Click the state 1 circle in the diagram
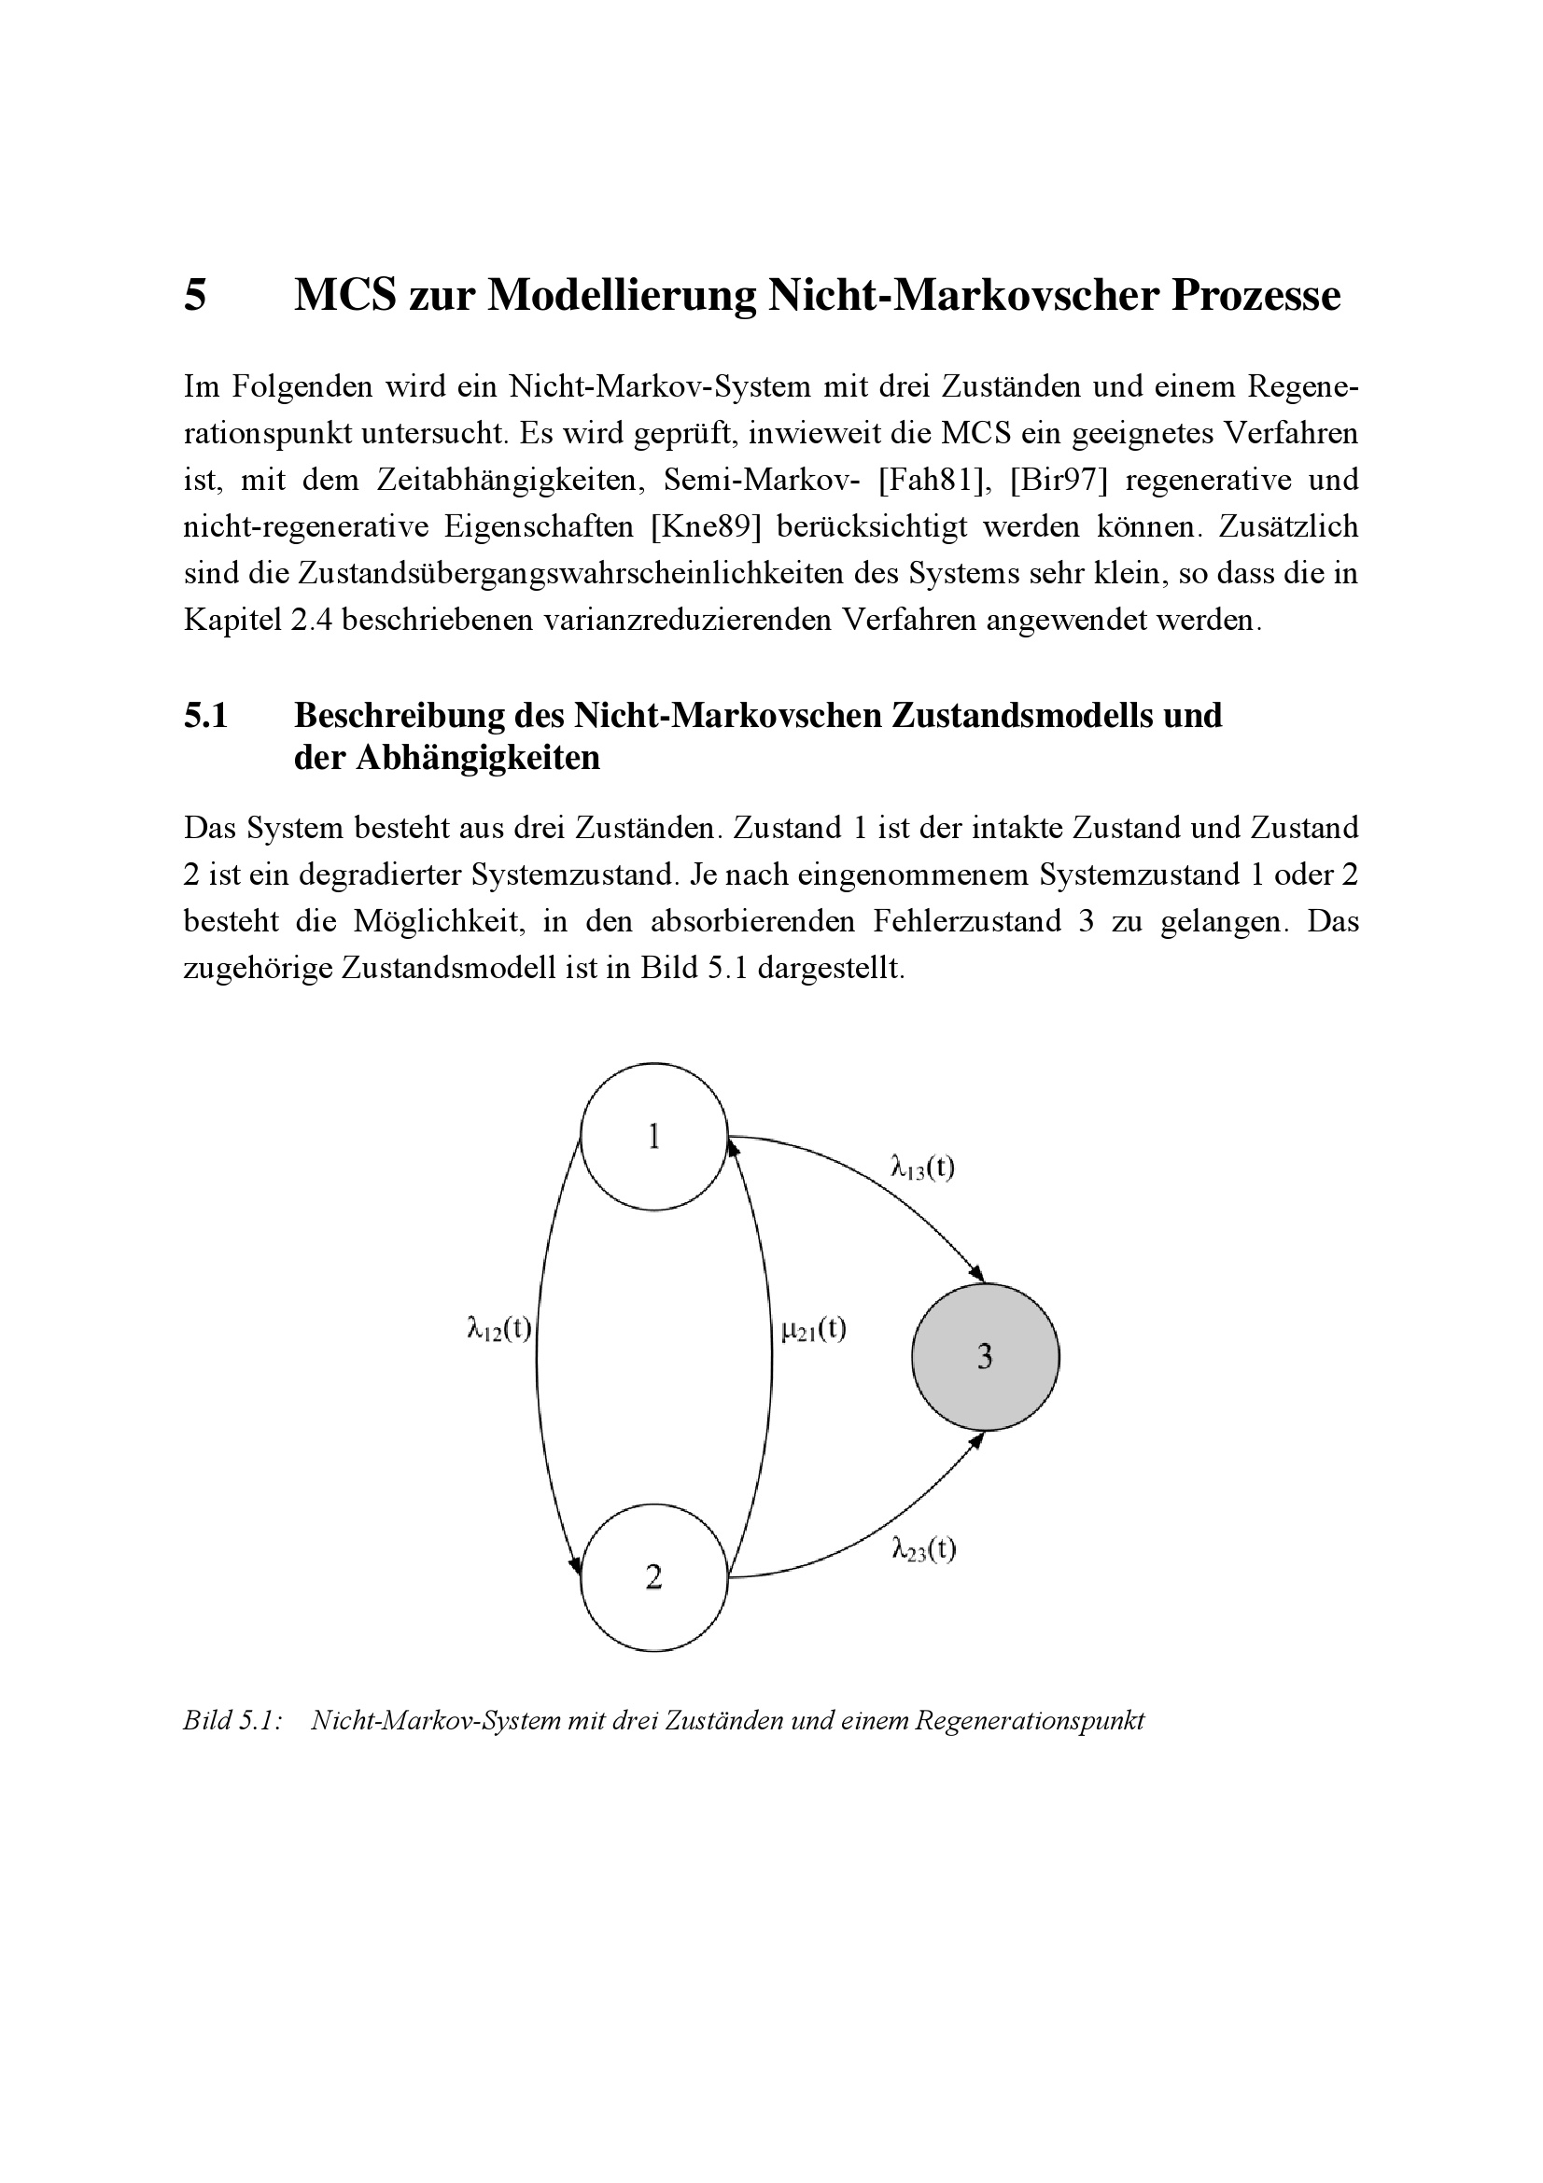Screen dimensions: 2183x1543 [x=653, y=1136]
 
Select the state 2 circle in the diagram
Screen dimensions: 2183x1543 [x=653, y=1578]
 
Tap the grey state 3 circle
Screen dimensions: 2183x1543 [x=985, y=1357]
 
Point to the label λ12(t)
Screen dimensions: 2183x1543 [x=499, y=1328]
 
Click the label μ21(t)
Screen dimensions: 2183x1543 [x=813, y=1328]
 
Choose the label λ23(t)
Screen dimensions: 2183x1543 [x=924, y=1551]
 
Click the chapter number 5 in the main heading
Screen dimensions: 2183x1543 [x=195, y=296]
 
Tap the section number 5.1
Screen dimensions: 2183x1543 [x=206, y=715]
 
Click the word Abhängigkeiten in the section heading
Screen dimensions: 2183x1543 [x=477, y=759]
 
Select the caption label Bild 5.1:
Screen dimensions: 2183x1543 [x=232, y=1720]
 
